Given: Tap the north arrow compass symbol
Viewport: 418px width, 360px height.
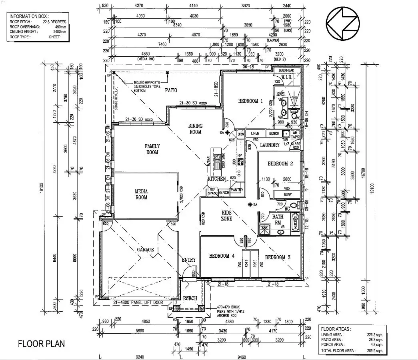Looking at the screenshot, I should pos(342,24).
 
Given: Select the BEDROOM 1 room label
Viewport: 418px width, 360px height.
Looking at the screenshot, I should pos(250,101).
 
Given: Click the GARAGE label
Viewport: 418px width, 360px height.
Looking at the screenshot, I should pos(145,250).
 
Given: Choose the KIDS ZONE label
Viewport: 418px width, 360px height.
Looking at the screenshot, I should pos(227,216).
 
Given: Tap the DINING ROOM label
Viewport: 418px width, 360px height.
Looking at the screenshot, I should pos(196,129).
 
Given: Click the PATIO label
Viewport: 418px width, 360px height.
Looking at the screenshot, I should pos(171,91).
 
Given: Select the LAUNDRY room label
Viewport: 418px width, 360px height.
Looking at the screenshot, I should pos(270,145).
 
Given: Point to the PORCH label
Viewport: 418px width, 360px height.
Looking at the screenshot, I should pos(190,298).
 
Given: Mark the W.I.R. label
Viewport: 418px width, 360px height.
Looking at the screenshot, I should pos(288,77).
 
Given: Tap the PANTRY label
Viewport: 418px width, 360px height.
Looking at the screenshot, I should pos(237,190).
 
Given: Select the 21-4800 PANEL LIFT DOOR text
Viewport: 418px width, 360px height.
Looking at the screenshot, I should pos(138,303).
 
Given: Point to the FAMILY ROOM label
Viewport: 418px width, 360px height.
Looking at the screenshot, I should pos(152,149).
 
